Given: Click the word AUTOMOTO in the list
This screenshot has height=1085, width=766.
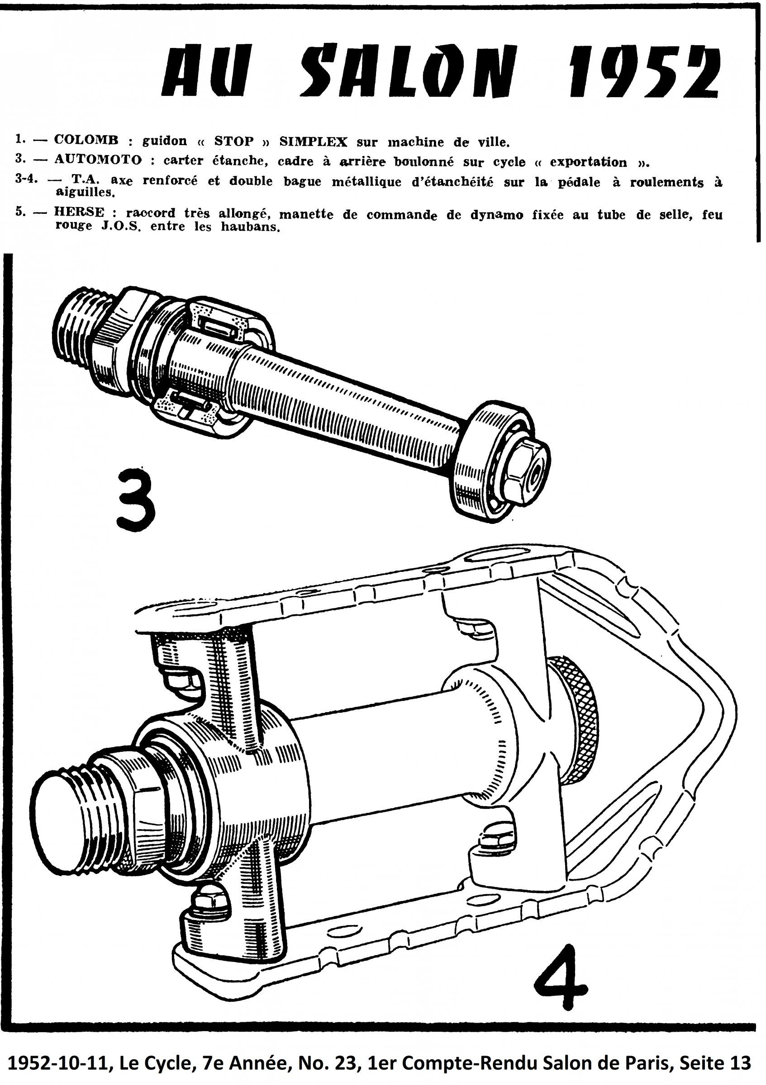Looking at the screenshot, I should coord(98,160).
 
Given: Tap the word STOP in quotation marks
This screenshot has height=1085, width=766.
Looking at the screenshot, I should coord(232,141).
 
